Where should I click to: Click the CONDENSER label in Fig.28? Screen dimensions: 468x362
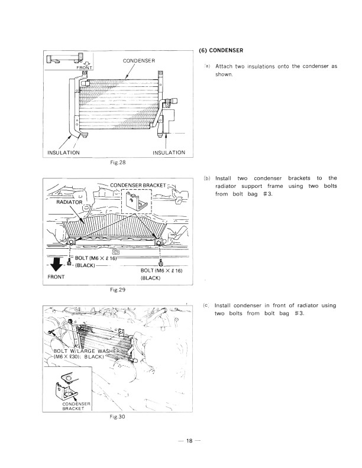coord(139,60)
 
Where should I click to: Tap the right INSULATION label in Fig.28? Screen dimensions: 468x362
coord(169,152)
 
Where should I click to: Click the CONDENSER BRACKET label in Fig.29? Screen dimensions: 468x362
coord(137,184)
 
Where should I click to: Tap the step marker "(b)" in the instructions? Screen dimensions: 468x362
coord(207,178)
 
